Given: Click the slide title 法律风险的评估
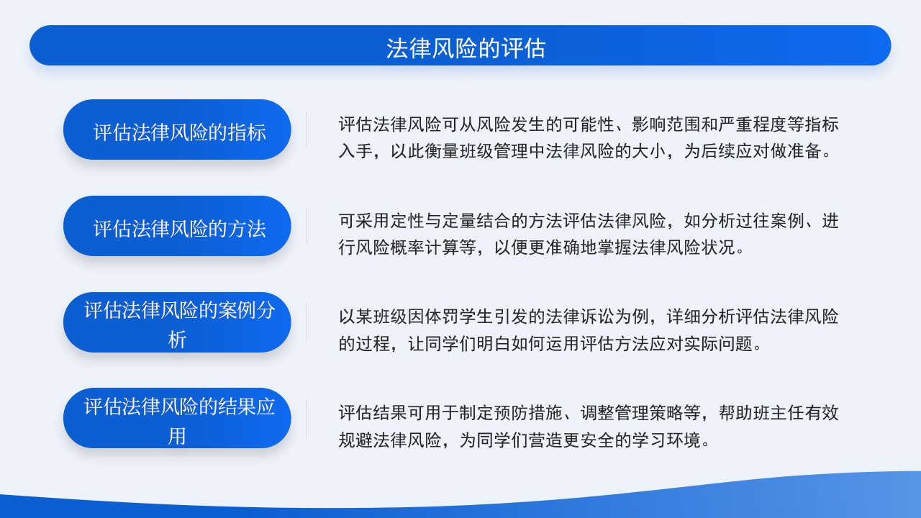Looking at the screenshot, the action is pos(466,48).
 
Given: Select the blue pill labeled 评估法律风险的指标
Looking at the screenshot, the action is pos(177,129).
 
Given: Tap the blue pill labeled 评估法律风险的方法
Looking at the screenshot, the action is pos(177,226).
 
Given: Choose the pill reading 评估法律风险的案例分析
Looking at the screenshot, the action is pos(177,322).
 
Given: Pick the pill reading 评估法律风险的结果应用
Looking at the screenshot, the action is pos(177,418).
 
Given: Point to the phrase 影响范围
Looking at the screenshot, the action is pos(666,124).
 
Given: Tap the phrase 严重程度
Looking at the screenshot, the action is pos(753,124).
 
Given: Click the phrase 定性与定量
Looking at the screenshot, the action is pos(433,221).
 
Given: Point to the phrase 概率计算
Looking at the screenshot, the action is pos(425,247).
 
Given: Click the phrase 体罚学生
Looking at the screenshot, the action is pos(459,317).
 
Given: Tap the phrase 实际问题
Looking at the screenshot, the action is pos(718,343).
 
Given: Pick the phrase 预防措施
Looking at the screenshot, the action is pos(528,413).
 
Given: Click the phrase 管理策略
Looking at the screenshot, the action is pos(649,413).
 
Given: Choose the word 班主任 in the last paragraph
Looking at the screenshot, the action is pos(779,413).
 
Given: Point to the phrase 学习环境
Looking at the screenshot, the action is pos(666,440).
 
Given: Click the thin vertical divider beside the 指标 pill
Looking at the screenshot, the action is pos(307,129).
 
